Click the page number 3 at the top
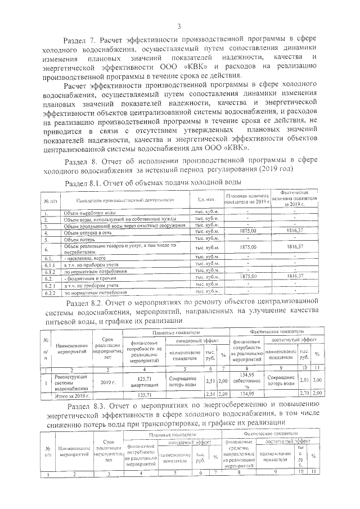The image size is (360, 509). tap(179, 26)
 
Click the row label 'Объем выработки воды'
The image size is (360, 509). tap(89, 214)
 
